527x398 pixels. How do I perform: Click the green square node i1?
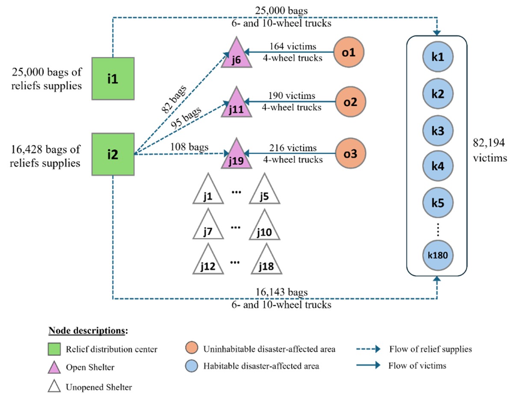(x=113, y=78)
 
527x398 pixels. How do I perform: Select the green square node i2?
(x=113, y=154)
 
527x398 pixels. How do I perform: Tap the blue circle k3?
(x=437, y=129)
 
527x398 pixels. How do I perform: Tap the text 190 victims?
(x=293, y=95)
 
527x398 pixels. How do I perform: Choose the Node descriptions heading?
(x=88, y=331)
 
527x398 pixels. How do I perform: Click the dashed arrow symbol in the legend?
(x=368, y=349)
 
